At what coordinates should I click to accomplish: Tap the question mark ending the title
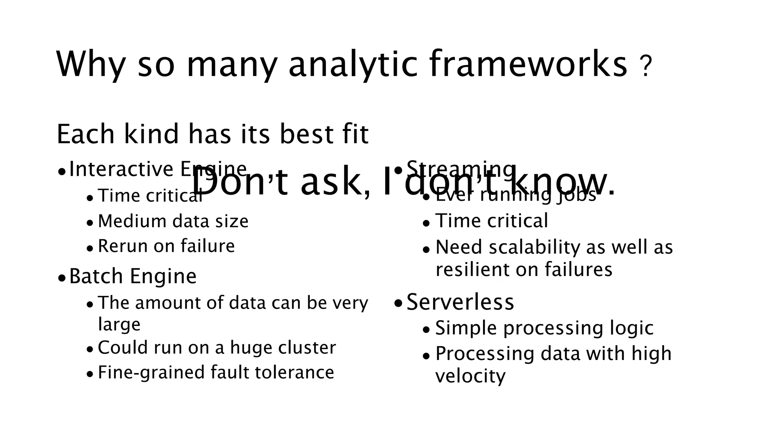tap(646, 67)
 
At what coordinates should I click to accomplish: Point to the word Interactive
tap(121, 169)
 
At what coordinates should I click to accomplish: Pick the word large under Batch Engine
tap(119, 324)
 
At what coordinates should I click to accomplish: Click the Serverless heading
tap(460, 302)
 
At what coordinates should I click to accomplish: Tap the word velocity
tap(470, 376)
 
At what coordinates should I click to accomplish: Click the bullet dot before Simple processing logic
tap(426, 330)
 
